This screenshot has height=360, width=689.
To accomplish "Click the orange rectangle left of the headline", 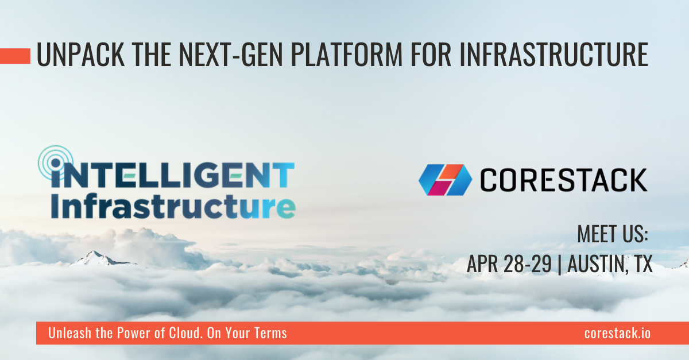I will coord(15,56).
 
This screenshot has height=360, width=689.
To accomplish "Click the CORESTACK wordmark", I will coord(563,180).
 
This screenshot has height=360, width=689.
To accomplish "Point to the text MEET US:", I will coord(612,235).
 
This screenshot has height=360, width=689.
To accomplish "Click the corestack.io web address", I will coord(617,333).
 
